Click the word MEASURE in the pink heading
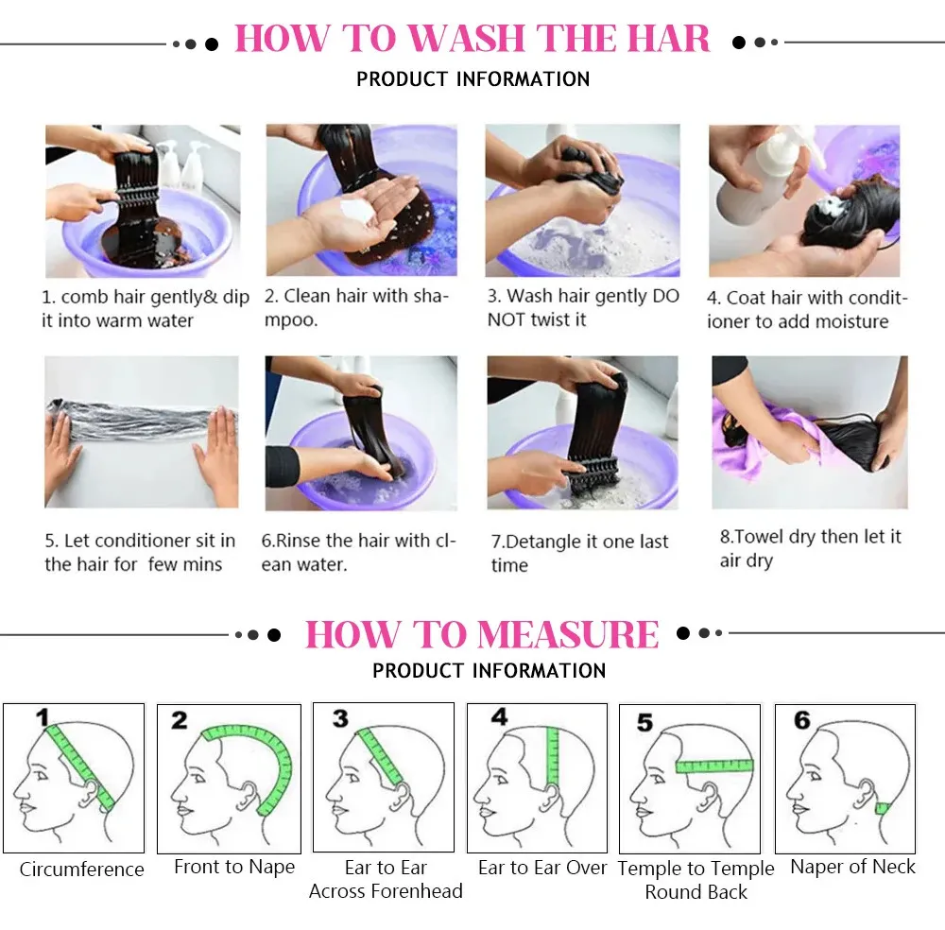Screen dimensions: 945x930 click(568, 635)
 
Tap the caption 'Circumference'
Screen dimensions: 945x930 click(82, 870)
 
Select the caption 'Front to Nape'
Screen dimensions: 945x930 click(234, 867)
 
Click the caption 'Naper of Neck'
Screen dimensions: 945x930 click(852, 867)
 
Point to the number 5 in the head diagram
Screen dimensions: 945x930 click(644, 722)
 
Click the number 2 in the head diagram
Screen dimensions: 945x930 click(180, 719)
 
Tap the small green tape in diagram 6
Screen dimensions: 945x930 click(883, 808)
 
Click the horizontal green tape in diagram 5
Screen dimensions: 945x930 click(714, 766)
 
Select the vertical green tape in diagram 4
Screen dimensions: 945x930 click(552, 756)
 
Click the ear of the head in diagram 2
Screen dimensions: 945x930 click(249, 795)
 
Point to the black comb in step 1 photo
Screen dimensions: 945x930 click(135, 197)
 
